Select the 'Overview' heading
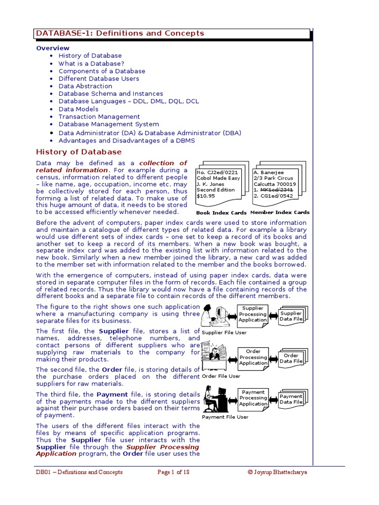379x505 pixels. pyautogui.click(x=53, y=48)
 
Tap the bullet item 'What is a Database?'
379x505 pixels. pyautogui.click(x=91, y=64)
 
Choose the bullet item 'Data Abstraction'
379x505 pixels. pyautogui.click(x=85, y=86)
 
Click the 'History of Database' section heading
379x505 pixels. pyautogui.click(x=79, y=151)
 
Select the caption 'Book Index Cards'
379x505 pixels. pyautogui.click(x=221, y=213)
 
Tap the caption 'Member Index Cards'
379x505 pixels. pyautogui.click(x=280, y=213)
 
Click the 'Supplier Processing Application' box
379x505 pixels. pyautogui.click(x=253, y=314)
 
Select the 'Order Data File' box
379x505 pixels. pyautogui.click(x=291, y=358)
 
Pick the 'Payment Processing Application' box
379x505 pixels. pyautogui.click(x=253, y=398)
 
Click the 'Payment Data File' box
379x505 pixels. pyautogui.click(x=291, y=399)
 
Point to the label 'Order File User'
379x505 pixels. pyautogui.click(x=221, y=376)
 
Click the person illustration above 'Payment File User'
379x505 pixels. pyautogui.click(x=215, y=400)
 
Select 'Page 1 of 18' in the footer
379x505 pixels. pyautogui.click(x=173, y=472)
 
